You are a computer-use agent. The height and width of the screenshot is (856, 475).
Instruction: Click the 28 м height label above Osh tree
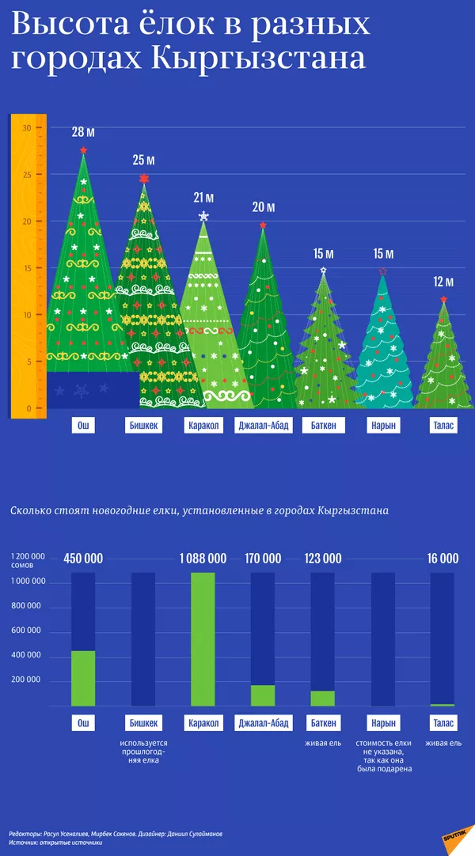tap(83, 132)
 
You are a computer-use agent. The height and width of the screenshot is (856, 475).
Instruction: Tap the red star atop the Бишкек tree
tap(143, 179)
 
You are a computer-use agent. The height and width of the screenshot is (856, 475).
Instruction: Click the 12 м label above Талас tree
tap(443, 282)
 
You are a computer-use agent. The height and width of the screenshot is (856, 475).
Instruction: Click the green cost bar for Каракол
tap(203, 638)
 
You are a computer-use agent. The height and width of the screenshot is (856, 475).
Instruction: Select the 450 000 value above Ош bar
tap(83, 559)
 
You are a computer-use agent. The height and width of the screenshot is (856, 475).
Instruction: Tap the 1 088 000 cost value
tap(203, 559)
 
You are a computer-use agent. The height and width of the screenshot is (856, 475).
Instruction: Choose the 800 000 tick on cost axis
tap(28, 607)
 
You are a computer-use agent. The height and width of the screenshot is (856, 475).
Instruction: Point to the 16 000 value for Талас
tap(443, 559)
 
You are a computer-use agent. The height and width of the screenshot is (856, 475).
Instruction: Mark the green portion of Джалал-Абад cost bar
tap(263, 695)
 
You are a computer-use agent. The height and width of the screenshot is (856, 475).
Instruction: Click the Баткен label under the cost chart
tap(323, 722)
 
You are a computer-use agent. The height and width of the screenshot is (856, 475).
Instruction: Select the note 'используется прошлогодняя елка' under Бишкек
tap(143, 752)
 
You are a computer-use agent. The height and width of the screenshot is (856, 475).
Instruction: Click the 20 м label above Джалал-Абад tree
tap(264, 207)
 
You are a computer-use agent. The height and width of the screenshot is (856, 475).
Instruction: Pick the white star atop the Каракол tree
tap(203, 216)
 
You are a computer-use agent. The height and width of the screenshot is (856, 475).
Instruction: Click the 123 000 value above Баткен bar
tap(323, 559)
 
